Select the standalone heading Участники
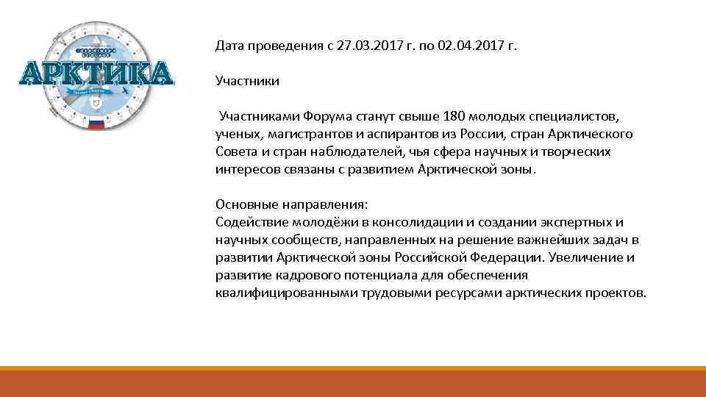247,81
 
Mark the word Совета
235,151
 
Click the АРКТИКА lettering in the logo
96,74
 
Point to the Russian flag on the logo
96,124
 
